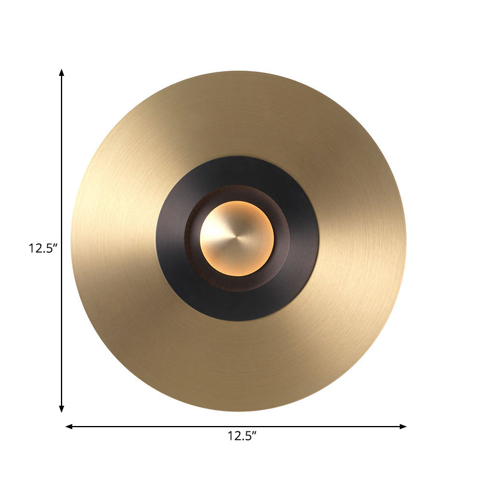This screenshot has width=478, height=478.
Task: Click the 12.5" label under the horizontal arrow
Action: (241, 436)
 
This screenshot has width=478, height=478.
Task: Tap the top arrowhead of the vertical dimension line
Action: (62, 72)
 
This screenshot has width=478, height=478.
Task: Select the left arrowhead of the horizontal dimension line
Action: (69, 426)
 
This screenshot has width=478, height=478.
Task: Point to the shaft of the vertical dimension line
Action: (62, 179)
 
